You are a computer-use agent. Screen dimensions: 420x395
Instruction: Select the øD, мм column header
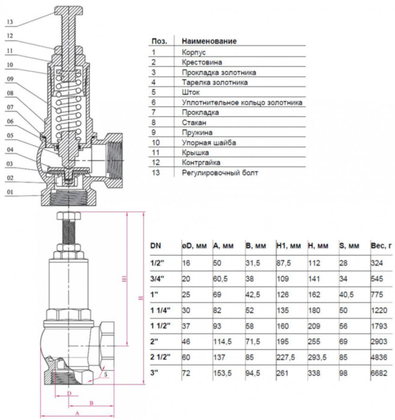[194, 245]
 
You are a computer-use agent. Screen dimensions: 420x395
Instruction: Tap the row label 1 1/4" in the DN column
[160, 310]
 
